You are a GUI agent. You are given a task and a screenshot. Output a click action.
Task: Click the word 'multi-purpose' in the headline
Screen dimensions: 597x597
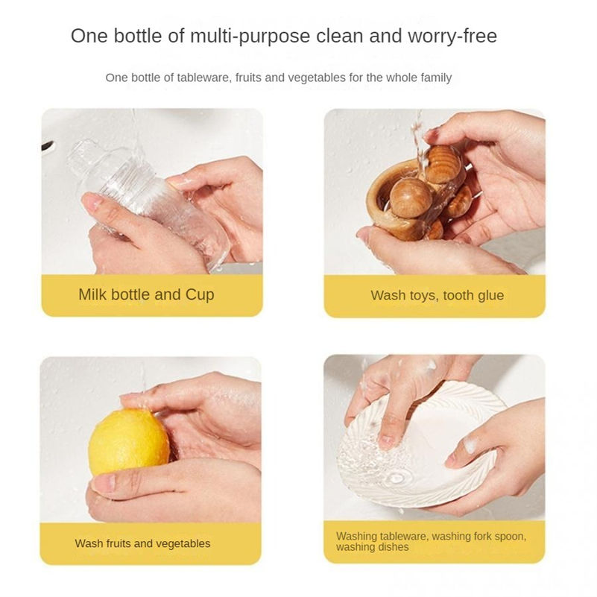pyautogui.click(x=250, y=37)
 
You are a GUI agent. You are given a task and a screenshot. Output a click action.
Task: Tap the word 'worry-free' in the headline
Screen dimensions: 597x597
pyautogui.click(x=452, y=37)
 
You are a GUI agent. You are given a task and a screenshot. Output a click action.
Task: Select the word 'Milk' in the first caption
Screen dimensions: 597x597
pyautogui.click(x=92, y=294)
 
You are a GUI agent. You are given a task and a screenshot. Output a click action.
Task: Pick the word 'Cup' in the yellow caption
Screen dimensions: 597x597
pyautogui.click(x=200, y=295)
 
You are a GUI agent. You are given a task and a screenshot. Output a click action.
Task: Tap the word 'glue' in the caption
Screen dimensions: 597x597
pyautogui.click(x=490, y=295)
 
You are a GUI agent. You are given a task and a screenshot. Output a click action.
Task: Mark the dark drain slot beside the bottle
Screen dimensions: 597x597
pyautogui.click(x=47, y=145)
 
